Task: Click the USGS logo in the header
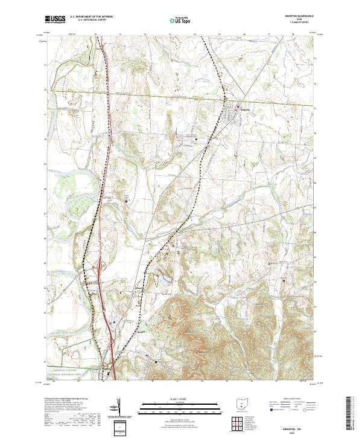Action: [55, 19]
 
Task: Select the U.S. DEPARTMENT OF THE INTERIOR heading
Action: [91, 17]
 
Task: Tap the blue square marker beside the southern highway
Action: [115, 322]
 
